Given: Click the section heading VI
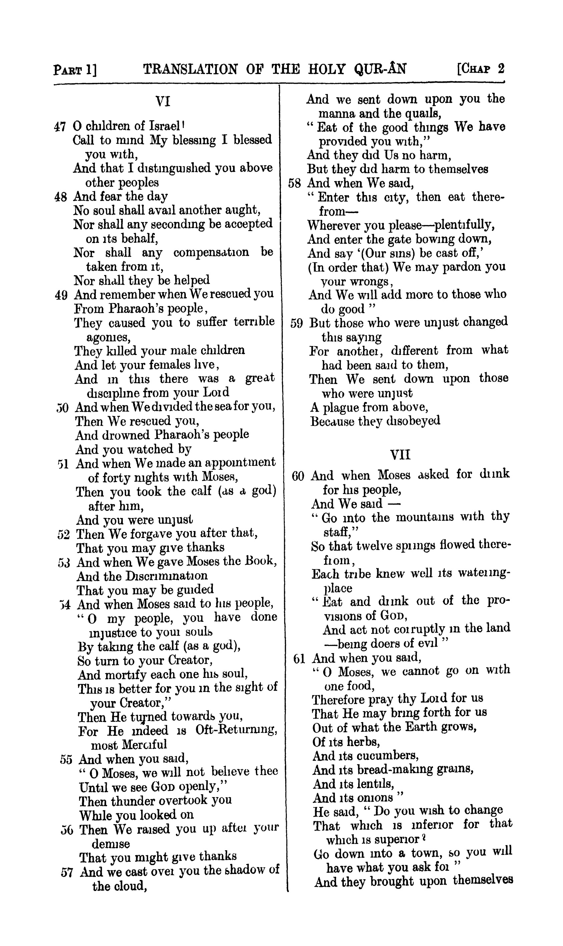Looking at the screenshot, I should pos(163,102).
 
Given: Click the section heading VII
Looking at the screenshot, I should pos(400,454).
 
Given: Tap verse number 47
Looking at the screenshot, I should pos(60,127).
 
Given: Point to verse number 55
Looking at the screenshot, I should pos(66,760).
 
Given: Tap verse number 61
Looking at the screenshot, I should pos(299,659).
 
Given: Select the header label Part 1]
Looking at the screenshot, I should pos(75,70).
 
